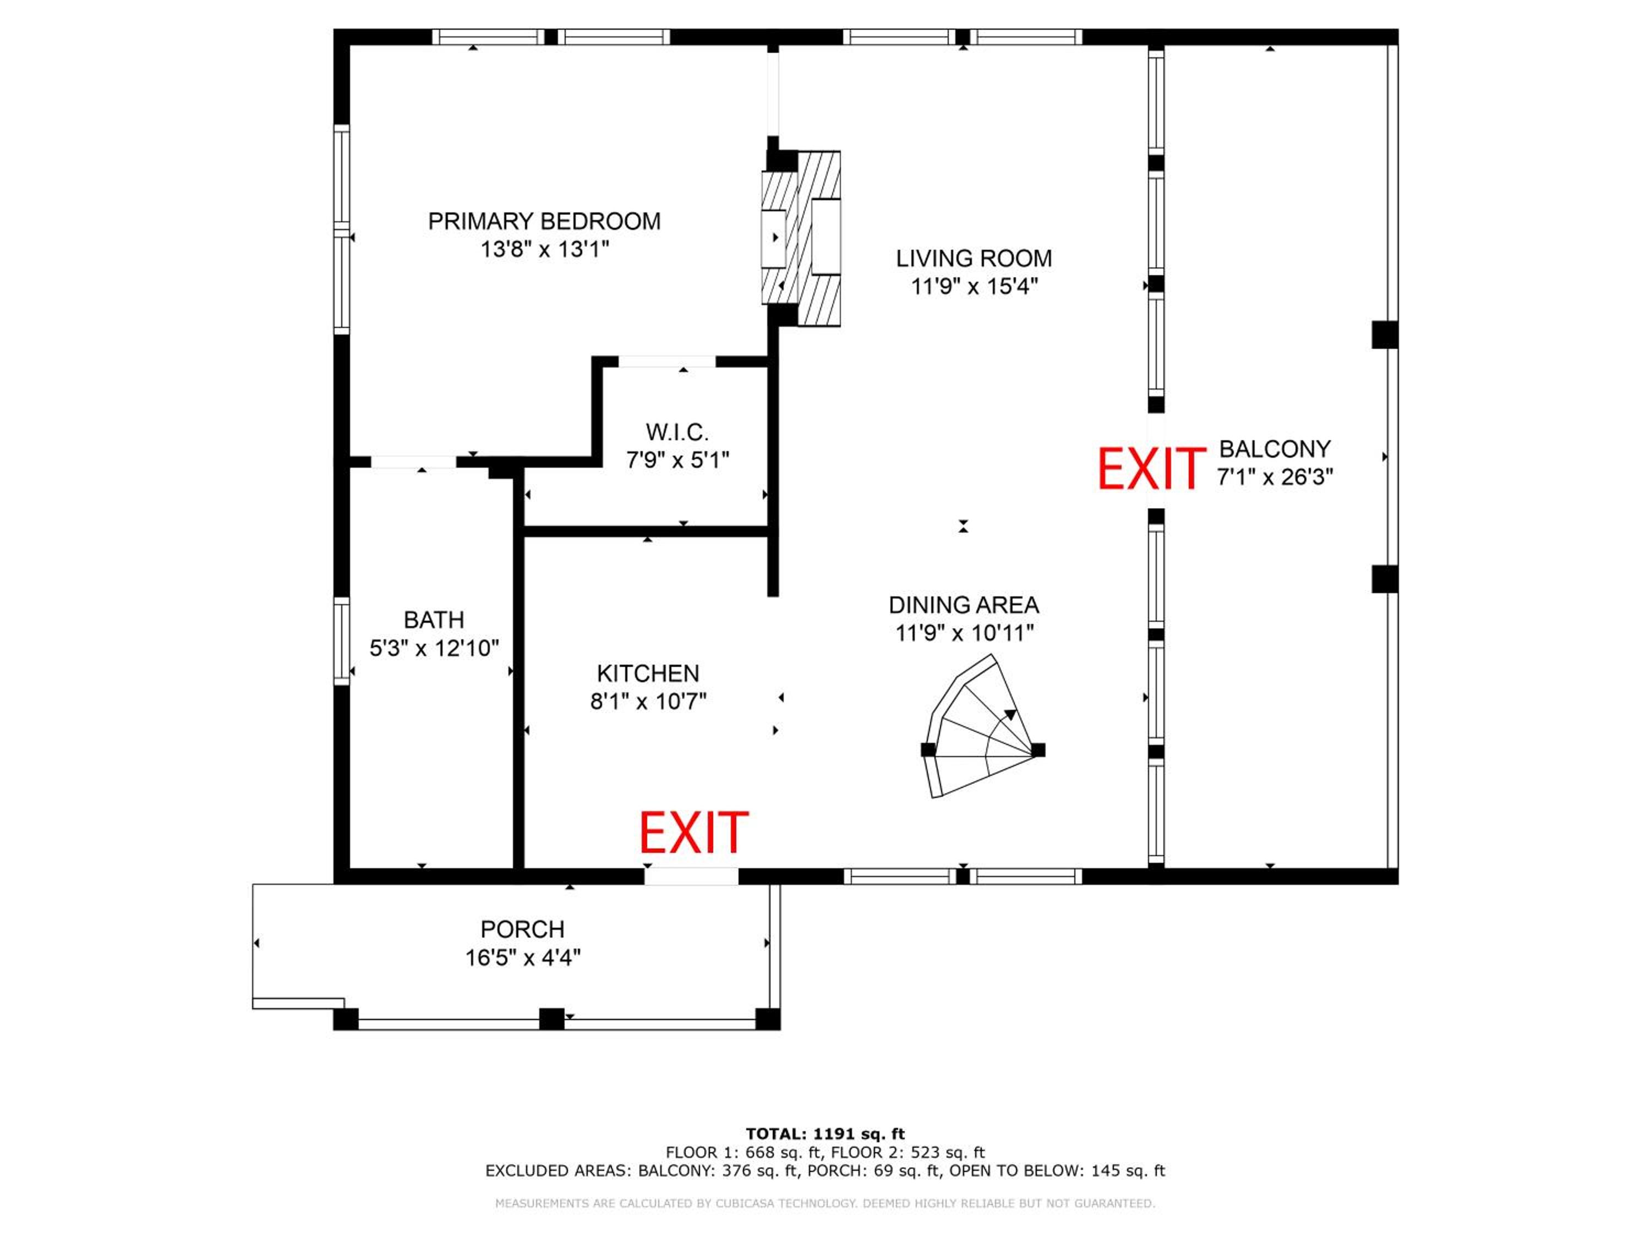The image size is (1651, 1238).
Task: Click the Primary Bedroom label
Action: pos(544,222)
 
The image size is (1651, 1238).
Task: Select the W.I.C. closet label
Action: pos(677,432)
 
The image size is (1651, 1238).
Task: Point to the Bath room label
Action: pos(434,620)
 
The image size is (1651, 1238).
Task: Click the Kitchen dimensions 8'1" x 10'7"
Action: pos(648,702)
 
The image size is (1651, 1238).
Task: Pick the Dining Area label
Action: pos(964,605)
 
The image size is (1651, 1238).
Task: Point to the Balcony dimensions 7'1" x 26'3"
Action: pos(1275,477)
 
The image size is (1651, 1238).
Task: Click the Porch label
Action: pos(522,930)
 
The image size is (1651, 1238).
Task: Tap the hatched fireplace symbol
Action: pos(801,238)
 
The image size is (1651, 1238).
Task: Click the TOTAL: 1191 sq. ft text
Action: pos(825,1134)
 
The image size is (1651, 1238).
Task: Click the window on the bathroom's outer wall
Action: pos(341,641)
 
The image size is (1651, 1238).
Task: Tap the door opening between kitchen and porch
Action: pos(691,876)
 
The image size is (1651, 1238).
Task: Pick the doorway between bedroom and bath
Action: pos(413,463)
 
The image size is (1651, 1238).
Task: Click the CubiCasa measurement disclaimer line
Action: pos(825,1204)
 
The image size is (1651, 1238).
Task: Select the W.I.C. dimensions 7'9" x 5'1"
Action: pos(677,461)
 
